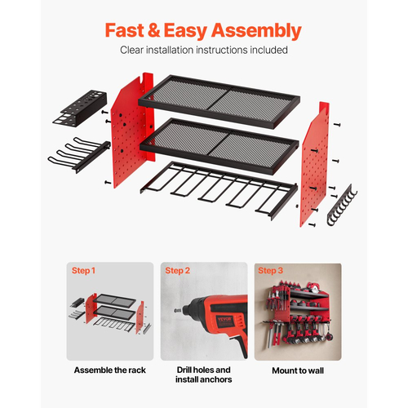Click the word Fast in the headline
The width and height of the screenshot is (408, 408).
click(125, 30)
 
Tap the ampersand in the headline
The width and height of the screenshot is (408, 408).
click(154, 30)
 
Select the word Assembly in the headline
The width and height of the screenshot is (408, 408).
click(256, 31)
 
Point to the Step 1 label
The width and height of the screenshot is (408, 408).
click(83, 271)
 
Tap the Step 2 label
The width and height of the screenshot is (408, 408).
click(177, 271)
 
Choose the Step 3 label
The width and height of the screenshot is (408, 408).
click(270, 271)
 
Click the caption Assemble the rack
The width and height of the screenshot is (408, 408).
click(110, 370)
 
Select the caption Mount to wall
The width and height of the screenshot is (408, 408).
click(298, 370)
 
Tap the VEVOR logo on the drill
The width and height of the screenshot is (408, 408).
click(224, 318)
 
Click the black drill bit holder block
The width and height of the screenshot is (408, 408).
click(80, 109)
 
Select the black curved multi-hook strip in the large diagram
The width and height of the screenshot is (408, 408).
click(342, 205)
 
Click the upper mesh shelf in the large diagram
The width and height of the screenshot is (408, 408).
click(219, 102)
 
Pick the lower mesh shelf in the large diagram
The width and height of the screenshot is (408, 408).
click(220, 145)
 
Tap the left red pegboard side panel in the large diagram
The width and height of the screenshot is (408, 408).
click(132, 130)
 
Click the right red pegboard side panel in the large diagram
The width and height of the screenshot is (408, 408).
click(315, 164)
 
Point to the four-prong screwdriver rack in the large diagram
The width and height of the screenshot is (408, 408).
click(79, 154)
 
